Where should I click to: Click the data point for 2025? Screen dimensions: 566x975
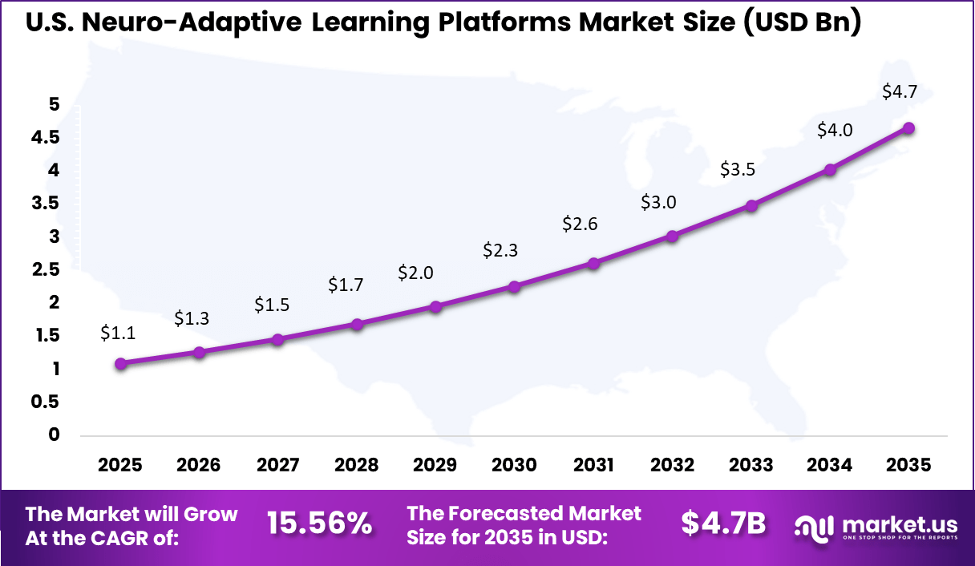[x=120, y=363]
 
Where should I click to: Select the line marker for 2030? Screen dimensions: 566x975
[x=515, y=286]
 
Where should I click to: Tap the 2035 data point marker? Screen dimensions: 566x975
[x=908, y=128]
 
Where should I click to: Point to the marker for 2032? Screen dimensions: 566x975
[x=672, y=236]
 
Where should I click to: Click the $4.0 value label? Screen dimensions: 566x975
[x=835, y=130]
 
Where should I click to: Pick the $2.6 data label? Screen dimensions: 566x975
[x=580, y=224]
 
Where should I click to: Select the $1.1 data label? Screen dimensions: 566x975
[x=118, y=334]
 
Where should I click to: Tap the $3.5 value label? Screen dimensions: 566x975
[x=738, y=170]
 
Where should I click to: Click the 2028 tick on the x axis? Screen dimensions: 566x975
[x=357, y=466]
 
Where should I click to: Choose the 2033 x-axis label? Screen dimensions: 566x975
[x=751, y=466]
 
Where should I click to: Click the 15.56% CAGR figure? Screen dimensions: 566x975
[x=319, y=524]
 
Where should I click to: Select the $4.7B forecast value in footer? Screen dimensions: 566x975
[x=722, y=524]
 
